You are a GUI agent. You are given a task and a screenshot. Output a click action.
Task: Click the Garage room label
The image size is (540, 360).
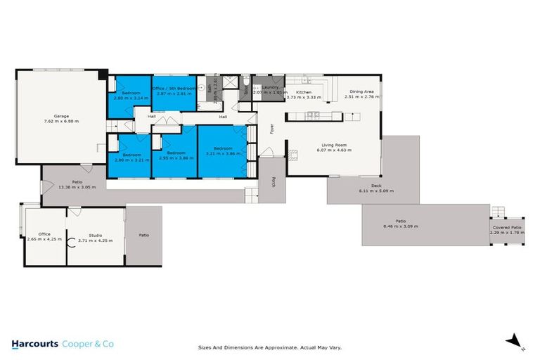(61, 116)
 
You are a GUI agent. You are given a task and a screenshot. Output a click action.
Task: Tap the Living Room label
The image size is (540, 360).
(334, 144)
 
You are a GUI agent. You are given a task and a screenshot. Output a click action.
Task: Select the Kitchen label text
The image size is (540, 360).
(303, 92)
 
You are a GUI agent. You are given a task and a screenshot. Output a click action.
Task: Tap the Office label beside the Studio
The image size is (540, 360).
(44, 234)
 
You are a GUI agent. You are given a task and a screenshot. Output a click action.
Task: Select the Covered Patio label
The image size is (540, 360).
(506, 228)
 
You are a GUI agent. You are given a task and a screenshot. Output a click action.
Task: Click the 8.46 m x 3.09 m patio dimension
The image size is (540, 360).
(401, 226)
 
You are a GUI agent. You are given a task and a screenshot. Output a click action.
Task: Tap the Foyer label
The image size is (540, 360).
(271, 129)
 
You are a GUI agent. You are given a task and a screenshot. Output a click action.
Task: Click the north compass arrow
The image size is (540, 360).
(517, 340)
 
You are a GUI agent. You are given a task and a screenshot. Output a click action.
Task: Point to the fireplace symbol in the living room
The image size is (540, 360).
(288, 154)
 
